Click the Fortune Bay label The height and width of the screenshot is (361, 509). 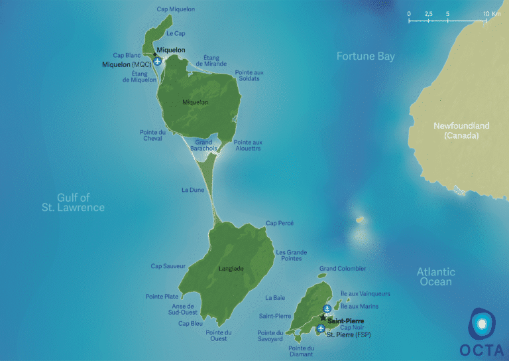(x=365, y=56)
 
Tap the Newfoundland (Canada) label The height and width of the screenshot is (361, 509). (x=461, y=130)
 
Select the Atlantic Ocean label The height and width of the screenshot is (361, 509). (x=435, y=276)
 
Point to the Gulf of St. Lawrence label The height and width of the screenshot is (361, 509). (x=72, y=202)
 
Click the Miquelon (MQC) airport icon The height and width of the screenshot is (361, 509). (x=157, y=62)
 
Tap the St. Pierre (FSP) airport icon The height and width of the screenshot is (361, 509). (x=321, y=328)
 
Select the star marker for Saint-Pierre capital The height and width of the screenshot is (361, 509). (x=323, y=318)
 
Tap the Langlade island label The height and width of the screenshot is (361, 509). (x=231, y=268)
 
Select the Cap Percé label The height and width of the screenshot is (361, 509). (x=279, y=223)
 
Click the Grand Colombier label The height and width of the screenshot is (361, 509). (x=342, y=269)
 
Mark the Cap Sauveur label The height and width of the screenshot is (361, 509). (x=166, y=266)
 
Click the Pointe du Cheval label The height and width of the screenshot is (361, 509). (x=152, y=135)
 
